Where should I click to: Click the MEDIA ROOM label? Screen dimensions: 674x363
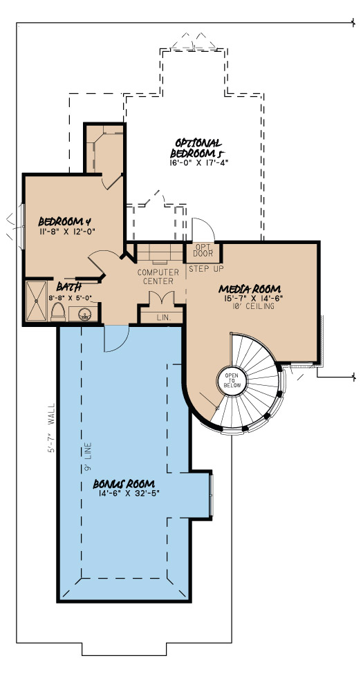coord(244,288)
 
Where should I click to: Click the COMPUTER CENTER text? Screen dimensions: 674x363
coord(158,277)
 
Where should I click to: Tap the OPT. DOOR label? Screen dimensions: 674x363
coord(203,250)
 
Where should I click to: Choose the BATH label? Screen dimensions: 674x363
coord(70,286)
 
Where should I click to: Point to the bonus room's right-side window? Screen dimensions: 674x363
coord(211,494)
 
